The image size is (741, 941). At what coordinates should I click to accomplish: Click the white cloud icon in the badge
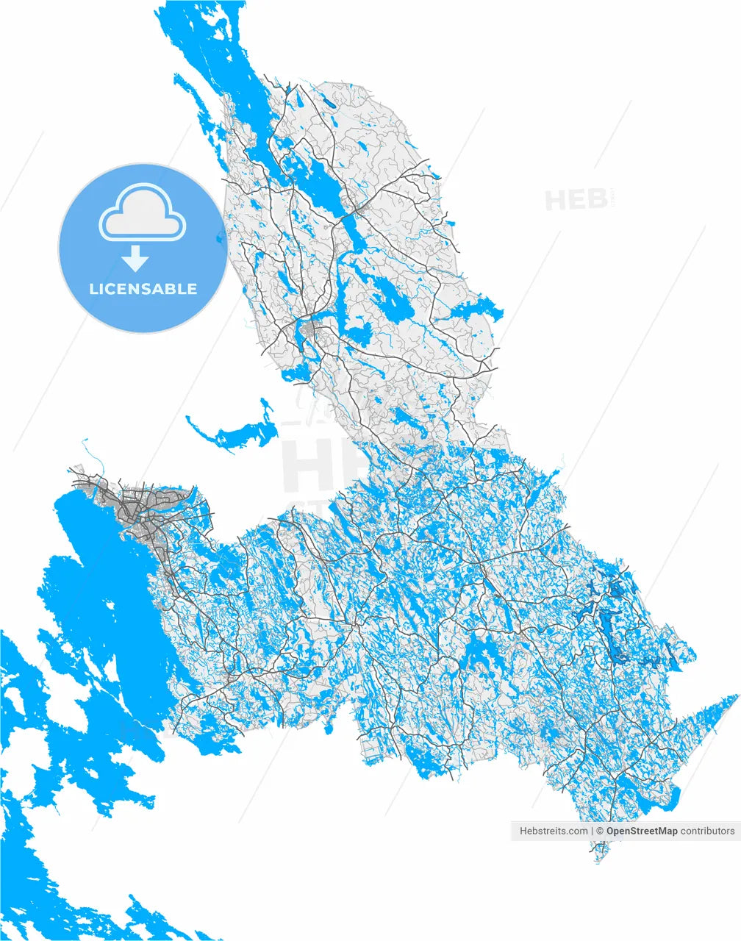coord(142,213)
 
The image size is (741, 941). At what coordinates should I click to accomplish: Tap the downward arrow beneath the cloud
coord(135,258)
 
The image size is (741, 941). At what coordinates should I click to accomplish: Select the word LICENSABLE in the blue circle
coord(143,289)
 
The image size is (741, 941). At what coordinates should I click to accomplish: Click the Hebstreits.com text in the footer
coord(554,831)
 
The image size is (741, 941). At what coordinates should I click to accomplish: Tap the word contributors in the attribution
coord(707,831)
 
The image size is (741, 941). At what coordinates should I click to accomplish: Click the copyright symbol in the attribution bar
coord(600,831)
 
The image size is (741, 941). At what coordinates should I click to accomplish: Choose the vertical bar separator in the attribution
coord(592,831)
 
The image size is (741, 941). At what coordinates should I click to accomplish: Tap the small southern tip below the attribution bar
coord(600,853)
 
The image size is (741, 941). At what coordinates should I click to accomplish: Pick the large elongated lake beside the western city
coord(110,588)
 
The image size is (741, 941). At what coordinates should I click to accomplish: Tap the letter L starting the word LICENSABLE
coord(93,289)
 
